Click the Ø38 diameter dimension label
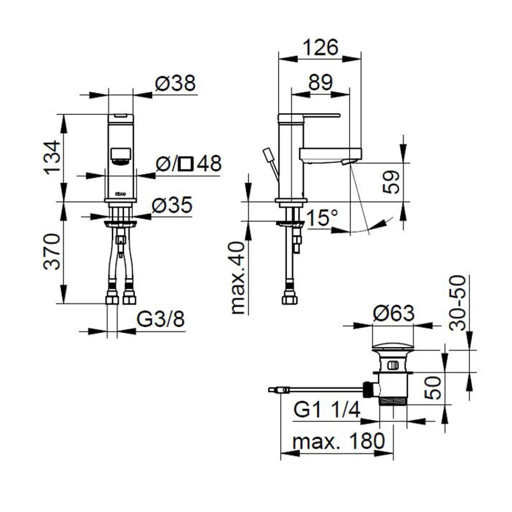pos(176,83)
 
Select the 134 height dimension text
pos(53,157)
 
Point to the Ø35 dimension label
pos(172,206)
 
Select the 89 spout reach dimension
pos(320,82)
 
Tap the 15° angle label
pos(322,219)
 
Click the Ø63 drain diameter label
pos(393,313)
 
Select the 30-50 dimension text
pos(459,302)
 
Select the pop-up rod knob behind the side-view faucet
pos(268,155)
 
